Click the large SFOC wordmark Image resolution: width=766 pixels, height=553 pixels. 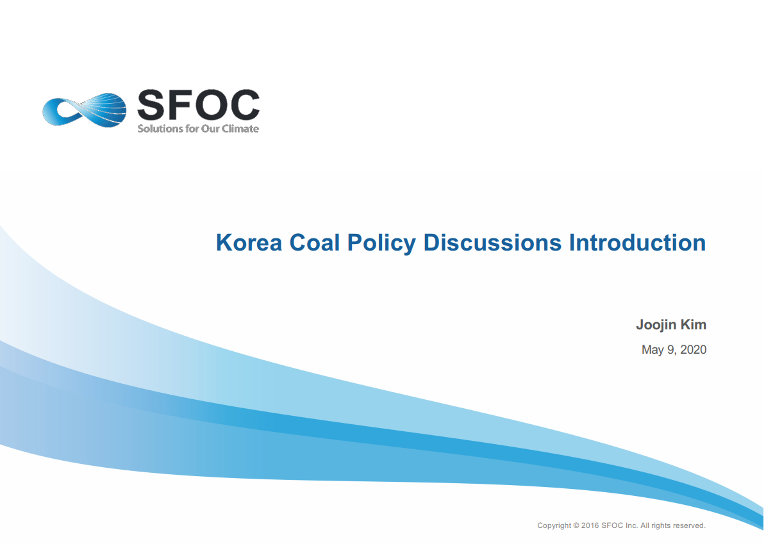pos(198,104)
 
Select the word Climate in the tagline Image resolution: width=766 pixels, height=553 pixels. pos(240,129)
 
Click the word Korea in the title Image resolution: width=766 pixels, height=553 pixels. pos(249,242)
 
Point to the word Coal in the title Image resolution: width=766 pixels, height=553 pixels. pos(314,242)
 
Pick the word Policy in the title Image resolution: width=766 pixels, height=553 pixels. pos(381,243)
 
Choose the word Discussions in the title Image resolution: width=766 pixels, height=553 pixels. pos(492,242)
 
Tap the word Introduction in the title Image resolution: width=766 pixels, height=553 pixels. pos(638,242)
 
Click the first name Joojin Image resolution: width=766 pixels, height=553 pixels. pos(656,326)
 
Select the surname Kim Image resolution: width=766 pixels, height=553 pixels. pos(693,324)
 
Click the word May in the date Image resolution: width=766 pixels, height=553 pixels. pos(653,351)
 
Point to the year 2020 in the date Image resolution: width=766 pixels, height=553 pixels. pos(693,350)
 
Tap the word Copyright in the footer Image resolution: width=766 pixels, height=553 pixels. pos(554,525)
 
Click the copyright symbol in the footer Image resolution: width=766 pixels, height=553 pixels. pos(576,525)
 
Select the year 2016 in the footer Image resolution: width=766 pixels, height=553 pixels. pos(590,525)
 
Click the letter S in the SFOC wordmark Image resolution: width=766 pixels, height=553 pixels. pos(151,104)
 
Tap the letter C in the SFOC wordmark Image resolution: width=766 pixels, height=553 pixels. pos(245,104)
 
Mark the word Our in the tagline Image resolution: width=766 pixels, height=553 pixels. pos(210,129)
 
